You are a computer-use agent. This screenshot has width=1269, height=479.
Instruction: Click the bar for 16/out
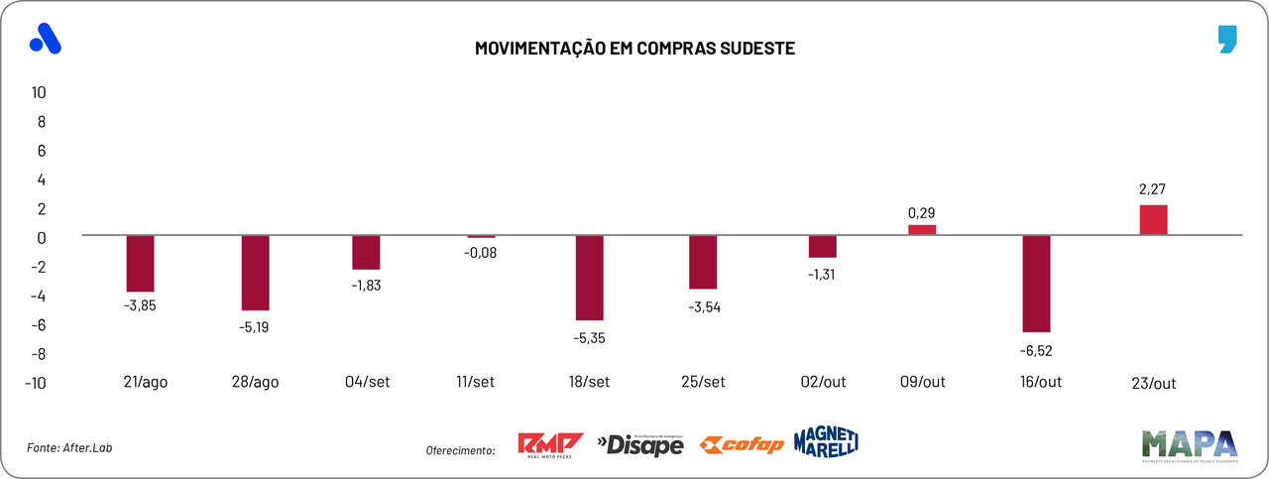[x=1036, y=284]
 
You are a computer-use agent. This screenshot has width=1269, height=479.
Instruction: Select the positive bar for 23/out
[x=1153, y=220]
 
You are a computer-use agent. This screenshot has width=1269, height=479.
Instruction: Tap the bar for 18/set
[x=589, y=278]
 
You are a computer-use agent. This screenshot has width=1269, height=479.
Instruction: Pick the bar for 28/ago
[x=256, y=273]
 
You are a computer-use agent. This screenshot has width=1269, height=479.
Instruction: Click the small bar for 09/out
[x=922, y=230]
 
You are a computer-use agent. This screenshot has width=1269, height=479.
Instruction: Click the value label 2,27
[x=1153, y=187]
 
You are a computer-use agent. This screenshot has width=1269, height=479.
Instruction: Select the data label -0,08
[x=481, y=253]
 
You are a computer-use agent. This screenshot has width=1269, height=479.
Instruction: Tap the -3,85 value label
[x=140, y=305]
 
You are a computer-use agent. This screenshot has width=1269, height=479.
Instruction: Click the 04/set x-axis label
[x=366, y=383]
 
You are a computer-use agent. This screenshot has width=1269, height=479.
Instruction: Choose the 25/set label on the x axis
[x=703, y=383]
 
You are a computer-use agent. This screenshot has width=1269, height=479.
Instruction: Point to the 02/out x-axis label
[x=822, y=383]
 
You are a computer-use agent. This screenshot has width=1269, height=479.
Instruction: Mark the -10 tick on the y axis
[x=37, y=383]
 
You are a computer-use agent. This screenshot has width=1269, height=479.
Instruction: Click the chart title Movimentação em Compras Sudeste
[x=634, y=48]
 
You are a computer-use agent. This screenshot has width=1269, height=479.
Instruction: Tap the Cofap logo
[x=742, y=444]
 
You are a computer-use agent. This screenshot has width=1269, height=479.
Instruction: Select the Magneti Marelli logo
[x=826, y=441]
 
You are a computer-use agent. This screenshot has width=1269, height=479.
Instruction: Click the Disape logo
[x=640, y=445]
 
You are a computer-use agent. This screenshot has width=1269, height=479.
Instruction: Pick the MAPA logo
[x=1190, y=444]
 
